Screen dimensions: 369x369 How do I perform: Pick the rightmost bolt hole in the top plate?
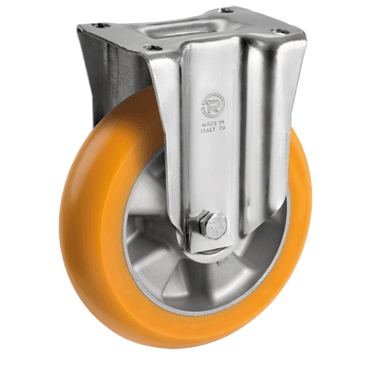pyautogui.click(x=298, y=33)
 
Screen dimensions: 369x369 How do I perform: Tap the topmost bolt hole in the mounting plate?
pyautogui.click(x=223, y=11)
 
